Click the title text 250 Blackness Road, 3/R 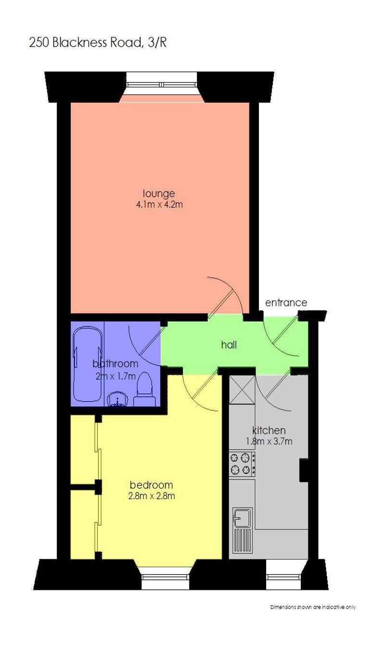click(x=98, y=43)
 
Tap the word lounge click(x=159, y=194)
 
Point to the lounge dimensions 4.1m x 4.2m click(x=160, y=205)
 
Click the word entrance click(x=286, y=303)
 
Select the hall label click(x=229, y=345)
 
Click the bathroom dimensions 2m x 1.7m click(x=116, y=376)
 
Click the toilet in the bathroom click(x=145, y=389)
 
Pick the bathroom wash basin click(x=118, y=399)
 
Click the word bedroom click(x=151, y=485)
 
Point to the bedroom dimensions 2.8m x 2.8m click(x=151, y=496)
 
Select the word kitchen click(x=269, y=431)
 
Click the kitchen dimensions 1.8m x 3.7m click(x=269, y=442)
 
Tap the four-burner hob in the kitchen click(x=242, y=464)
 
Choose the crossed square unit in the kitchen click(x=242, y=390)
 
